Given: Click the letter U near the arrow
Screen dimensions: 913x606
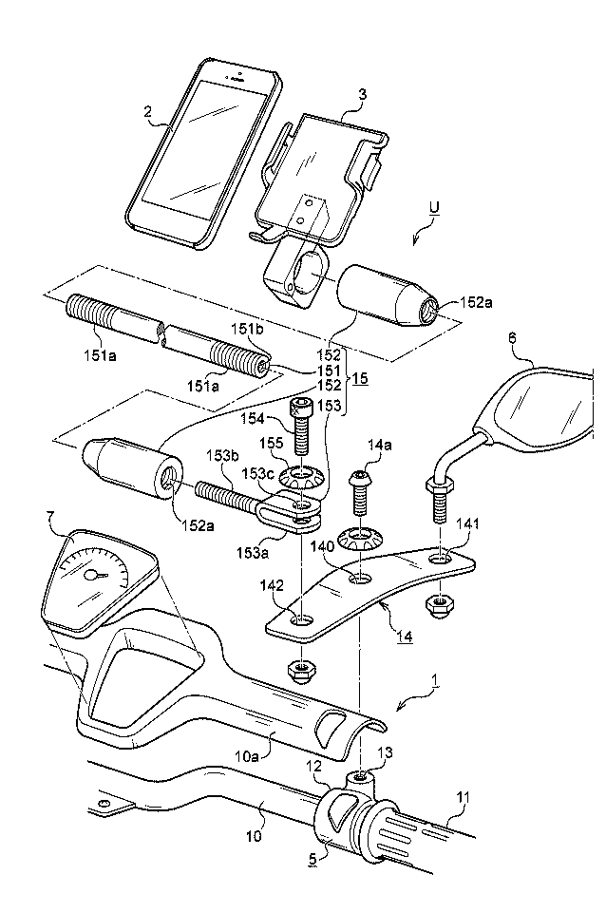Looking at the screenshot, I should (433, 217).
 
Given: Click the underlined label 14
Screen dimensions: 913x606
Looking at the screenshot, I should (404, 637).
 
